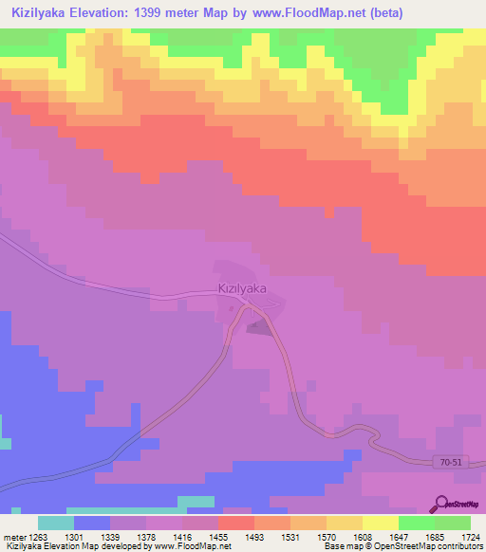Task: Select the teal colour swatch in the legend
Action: [56, 523]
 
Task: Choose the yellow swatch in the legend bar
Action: [381, 523]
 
